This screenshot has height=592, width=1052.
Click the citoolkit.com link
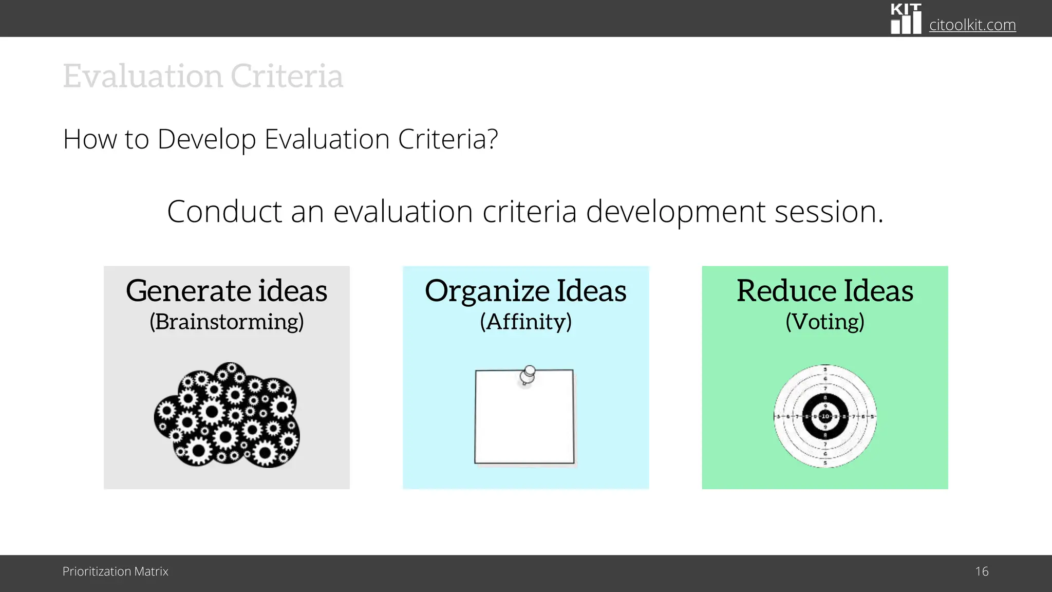972,25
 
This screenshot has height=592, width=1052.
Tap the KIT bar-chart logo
906,19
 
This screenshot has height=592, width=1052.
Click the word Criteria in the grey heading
287,76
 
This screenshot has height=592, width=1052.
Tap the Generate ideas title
227,291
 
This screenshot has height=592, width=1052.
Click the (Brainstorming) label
227,322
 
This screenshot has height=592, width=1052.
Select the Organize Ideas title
525,291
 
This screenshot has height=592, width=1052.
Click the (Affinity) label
525,322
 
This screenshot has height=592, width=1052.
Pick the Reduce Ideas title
825,291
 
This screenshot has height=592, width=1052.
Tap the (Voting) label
825,322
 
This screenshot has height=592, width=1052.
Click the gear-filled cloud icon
227,415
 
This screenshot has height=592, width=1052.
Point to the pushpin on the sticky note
528,374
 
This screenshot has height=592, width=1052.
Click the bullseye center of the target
825,416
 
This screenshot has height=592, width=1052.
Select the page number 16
982,571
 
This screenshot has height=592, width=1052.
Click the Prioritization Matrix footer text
115,571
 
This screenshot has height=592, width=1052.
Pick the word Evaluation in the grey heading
143,76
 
